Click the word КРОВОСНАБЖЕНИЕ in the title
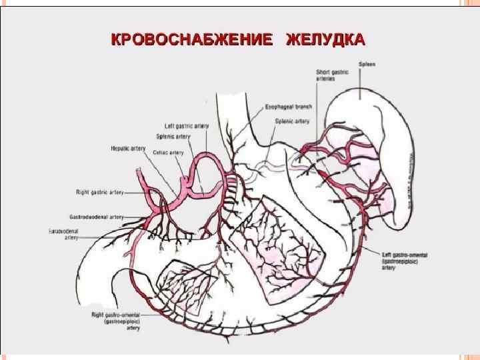[191, 39]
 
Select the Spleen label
[367, 65]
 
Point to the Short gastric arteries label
[329, 75]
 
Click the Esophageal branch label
[289, 107]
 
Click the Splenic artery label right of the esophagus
[293, 121]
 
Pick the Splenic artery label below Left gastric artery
[173, 137]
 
